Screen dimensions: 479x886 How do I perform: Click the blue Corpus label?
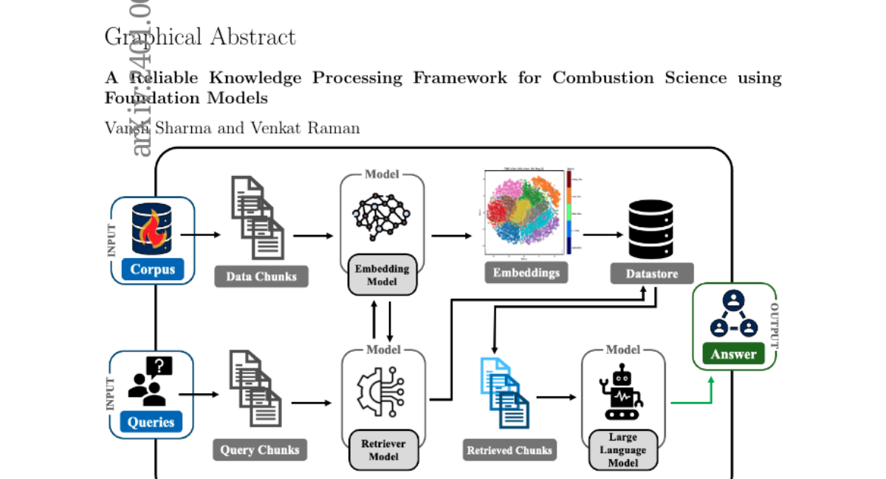(153, 269)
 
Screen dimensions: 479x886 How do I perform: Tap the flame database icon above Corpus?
(152, 229)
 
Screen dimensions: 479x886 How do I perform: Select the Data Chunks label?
(261, 276)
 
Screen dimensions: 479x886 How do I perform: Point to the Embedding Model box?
(382, 274)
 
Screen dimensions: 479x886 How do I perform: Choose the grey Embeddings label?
(526, 272)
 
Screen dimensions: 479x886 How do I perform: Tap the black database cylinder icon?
(650, 229)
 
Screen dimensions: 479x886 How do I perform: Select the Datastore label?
(652, 274)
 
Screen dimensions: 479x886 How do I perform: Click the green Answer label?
(733, 353)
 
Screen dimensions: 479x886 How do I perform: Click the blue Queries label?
(151, 422)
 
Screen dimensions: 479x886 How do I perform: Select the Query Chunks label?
(260, 449)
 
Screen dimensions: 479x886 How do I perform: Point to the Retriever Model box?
(383, 449)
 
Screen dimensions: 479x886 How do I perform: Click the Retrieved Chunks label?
(509, 449)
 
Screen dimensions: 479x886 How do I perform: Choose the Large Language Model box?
(622, 449)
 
